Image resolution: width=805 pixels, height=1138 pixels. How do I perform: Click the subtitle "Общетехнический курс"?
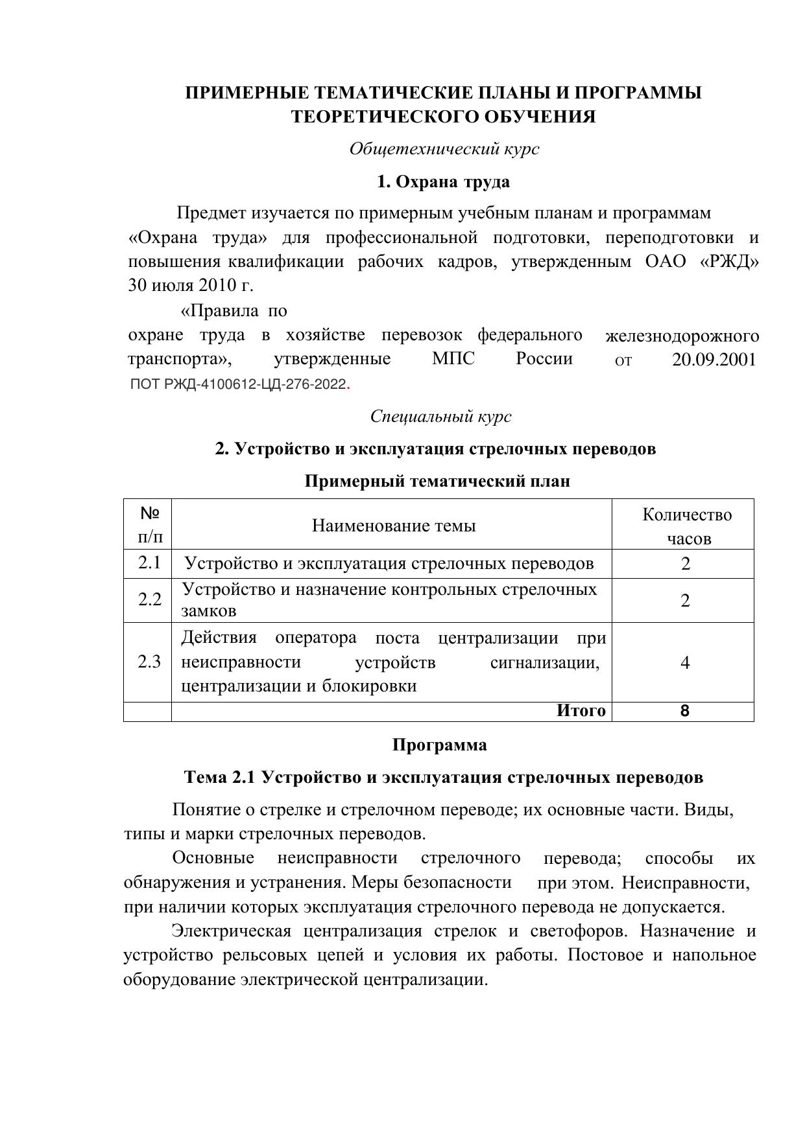point(444,149)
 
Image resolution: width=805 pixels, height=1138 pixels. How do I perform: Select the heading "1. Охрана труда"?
point(443,182)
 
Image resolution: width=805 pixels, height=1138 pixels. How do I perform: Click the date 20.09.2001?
point(714,360)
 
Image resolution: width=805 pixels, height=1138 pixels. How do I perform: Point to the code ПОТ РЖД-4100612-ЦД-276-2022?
point(238,384)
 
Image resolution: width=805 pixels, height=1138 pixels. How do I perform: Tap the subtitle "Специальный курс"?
point(440,417)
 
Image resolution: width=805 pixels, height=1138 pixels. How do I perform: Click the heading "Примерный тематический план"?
point(437,482)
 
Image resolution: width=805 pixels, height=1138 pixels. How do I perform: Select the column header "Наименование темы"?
point(393,526)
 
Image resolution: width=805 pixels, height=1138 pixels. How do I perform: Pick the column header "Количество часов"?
point(686,526)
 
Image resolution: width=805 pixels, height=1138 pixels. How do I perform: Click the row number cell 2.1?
point(149,563)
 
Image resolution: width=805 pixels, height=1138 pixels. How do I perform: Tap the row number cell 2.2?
point(149,599)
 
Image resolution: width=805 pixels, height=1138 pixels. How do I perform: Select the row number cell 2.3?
point(149,662)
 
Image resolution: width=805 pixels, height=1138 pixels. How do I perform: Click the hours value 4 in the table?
point(685,662)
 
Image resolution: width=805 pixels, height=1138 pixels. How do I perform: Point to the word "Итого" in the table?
point(581,711)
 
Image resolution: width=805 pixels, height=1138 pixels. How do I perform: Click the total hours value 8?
point(684,712)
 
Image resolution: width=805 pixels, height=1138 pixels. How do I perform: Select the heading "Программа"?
point(439,745)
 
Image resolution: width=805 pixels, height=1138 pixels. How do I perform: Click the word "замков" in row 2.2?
point(209,611)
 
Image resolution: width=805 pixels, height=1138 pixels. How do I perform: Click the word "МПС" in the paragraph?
point(453,359)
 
